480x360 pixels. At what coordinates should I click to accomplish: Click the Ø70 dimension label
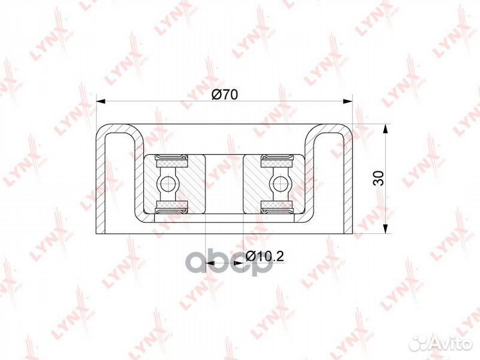click(x=225, y=95)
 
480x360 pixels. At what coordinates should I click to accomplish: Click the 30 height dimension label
click(x=379, y=178)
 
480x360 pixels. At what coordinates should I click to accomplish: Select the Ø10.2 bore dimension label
click(x=265, y=256)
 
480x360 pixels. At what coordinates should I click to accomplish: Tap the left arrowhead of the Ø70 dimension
click(x=101, y=101)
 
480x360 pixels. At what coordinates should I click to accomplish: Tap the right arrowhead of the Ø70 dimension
click(x=348, y=101)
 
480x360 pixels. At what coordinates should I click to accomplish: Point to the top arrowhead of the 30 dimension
click(x=386, y=129)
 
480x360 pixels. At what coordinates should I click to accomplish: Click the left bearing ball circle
click(x=167, y=184)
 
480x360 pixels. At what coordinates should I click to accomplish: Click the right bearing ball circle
click(x=279, y=184)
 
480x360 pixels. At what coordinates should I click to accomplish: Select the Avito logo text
click(x=451, y=344)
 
